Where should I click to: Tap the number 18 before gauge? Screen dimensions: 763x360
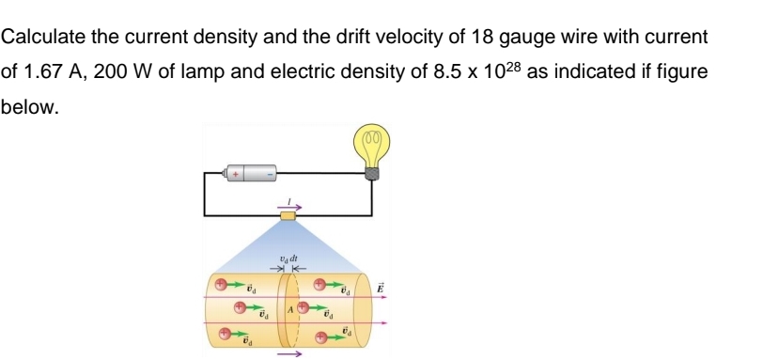[449, 38]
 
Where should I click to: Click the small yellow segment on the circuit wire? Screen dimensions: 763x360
[288, 216]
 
